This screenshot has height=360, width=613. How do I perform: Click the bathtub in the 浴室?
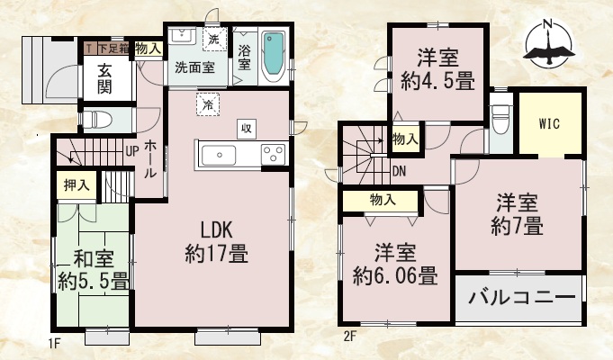point(274,57)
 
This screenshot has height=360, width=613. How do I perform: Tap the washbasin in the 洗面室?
point(182,36)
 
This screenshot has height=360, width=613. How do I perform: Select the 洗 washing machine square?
point(214,39)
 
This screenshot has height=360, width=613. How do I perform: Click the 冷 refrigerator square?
point(208,104)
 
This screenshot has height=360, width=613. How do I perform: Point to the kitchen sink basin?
point(219,156)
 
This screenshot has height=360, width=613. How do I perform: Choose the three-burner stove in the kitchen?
point(274,154)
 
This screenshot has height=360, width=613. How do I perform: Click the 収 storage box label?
point(247,129)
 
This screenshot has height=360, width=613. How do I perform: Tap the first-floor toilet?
point(96,120)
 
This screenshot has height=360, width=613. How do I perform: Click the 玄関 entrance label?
point(104,78)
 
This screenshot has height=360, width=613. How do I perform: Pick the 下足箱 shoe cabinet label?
point(113,49)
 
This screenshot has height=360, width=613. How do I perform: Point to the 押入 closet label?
point(77,185)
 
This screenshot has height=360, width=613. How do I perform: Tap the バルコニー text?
point(521,298)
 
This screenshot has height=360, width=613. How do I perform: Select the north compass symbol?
point(549,44)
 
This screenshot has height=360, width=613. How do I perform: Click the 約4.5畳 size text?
point(437,82)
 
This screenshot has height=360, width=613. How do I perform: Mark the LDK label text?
point(216,230)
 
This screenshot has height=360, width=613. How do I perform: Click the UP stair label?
point(132,151)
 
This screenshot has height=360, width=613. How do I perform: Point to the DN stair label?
point(399,171)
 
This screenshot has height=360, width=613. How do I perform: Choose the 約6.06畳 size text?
point(395,276)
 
